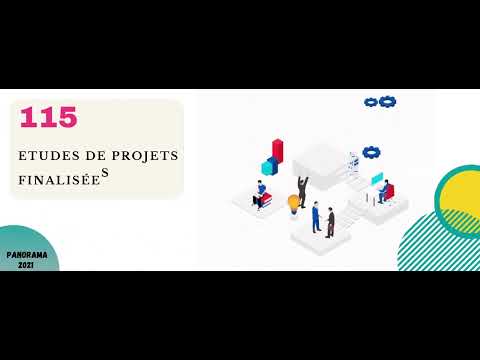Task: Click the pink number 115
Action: [48, 118]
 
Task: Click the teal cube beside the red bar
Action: [268, 166]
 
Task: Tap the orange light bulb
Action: [294, 203]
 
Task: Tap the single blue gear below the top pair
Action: [371, 152]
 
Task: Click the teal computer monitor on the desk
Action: [376, 179]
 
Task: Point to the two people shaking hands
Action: [322, 219]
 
